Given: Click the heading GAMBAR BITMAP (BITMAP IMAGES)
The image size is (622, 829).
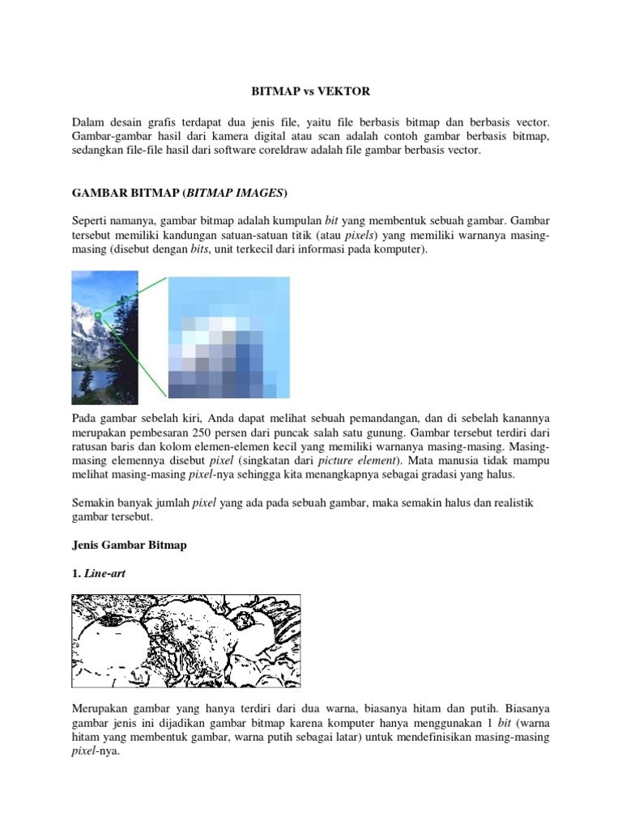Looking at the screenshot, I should (x=180, y=193).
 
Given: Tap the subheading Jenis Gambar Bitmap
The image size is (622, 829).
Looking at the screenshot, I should (x=129, y=545).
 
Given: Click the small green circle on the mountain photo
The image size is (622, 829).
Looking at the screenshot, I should (x=98, y=315).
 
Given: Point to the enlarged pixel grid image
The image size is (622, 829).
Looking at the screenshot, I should (x=228, y=338).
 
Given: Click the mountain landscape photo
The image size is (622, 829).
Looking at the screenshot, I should (x=104, y=338).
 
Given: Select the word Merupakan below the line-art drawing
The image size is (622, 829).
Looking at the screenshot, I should (x=101, y=707).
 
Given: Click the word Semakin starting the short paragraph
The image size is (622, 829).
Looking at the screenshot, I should (x=94, y=502).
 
